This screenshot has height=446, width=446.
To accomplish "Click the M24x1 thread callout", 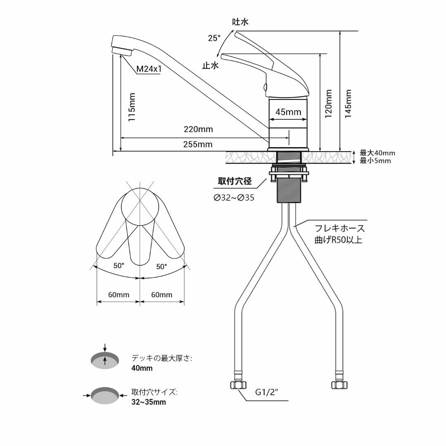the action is point(149,69).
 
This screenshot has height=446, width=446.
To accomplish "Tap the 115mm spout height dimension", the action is point(131,107).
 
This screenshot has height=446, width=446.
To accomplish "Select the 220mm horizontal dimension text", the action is point(198,129).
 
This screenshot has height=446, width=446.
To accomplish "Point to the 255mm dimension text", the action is point(198,144).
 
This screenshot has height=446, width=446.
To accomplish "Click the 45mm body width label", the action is point(288,112).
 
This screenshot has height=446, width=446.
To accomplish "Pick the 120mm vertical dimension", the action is point(329,104).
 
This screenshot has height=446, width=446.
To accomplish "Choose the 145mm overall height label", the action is point(348,104).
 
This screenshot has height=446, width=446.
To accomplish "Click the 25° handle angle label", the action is point(214,38).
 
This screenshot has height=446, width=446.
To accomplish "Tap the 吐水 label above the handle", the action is point(240,22).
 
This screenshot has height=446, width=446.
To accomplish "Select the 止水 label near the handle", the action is point(211,66).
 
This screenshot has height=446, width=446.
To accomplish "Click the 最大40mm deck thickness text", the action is point(377,153).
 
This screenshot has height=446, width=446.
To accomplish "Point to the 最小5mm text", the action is point(375,161).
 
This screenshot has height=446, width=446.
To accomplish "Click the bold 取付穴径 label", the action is point(235,181).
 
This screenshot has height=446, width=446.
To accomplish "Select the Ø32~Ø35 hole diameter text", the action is point(234,197).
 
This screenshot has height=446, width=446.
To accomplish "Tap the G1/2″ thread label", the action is point(266,392).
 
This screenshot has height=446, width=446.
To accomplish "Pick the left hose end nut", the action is point(237,385).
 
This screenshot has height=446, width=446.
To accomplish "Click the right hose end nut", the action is point(339,385).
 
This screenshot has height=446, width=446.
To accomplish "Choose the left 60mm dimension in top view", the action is point(119,295).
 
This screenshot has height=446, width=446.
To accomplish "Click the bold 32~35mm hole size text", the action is point(149,402).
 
